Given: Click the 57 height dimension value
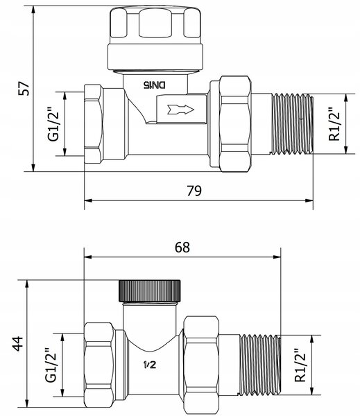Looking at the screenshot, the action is pos(24,88).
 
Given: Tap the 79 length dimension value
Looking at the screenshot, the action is pos(194,191).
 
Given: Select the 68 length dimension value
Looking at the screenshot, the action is pos(182,248).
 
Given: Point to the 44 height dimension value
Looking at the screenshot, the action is pos(18,344).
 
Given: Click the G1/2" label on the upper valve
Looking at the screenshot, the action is pos(53,124).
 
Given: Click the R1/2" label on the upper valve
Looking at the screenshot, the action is pos(334,123).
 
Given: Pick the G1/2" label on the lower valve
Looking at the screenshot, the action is pos(51,365).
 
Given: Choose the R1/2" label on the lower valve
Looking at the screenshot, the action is pos(300,365).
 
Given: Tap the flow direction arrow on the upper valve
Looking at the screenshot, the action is pos(180,110).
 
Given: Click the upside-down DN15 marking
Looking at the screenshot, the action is pos(155,85).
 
